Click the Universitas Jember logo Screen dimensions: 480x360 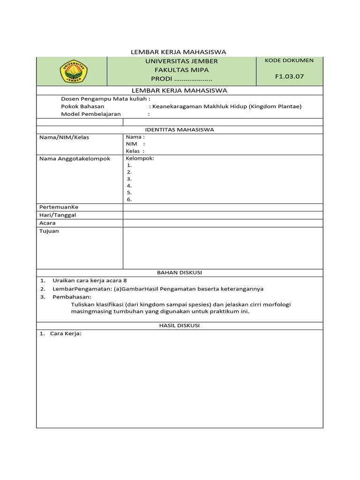[73, 72]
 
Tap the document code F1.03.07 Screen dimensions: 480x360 [289, 76]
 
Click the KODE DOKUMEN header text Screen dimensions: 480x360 [289, 60]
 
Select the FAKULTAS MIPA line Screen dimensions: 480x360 [181, 70]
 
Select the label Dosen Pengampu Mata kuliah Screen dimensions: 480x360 [105, 99]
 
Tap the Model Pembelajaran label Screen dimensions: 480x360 [91, 114]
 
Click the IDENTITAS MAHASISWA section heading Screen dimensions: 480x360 [180, 130]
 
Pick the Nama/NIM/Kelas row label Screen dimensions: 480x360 [64, 137]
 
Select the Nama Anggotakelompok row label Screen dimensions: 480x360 [75, 158]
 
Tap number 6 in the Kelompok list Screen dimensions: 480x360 [129, 199]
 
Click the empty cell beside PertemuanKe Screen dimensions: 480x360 [223, 207]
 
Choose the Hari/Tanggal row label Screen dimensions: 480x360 [58, 215]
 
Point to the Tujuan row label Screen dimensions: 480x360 [49, 231]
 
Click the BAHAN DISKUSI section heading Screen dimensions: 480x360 [180, 272]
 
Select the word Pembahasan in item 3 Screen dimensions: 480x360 [72, 297]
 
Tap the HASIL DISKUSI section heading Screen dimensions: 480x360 [180, 325]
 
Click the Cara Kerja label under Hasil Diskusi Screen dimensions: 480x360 [66, 333]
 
